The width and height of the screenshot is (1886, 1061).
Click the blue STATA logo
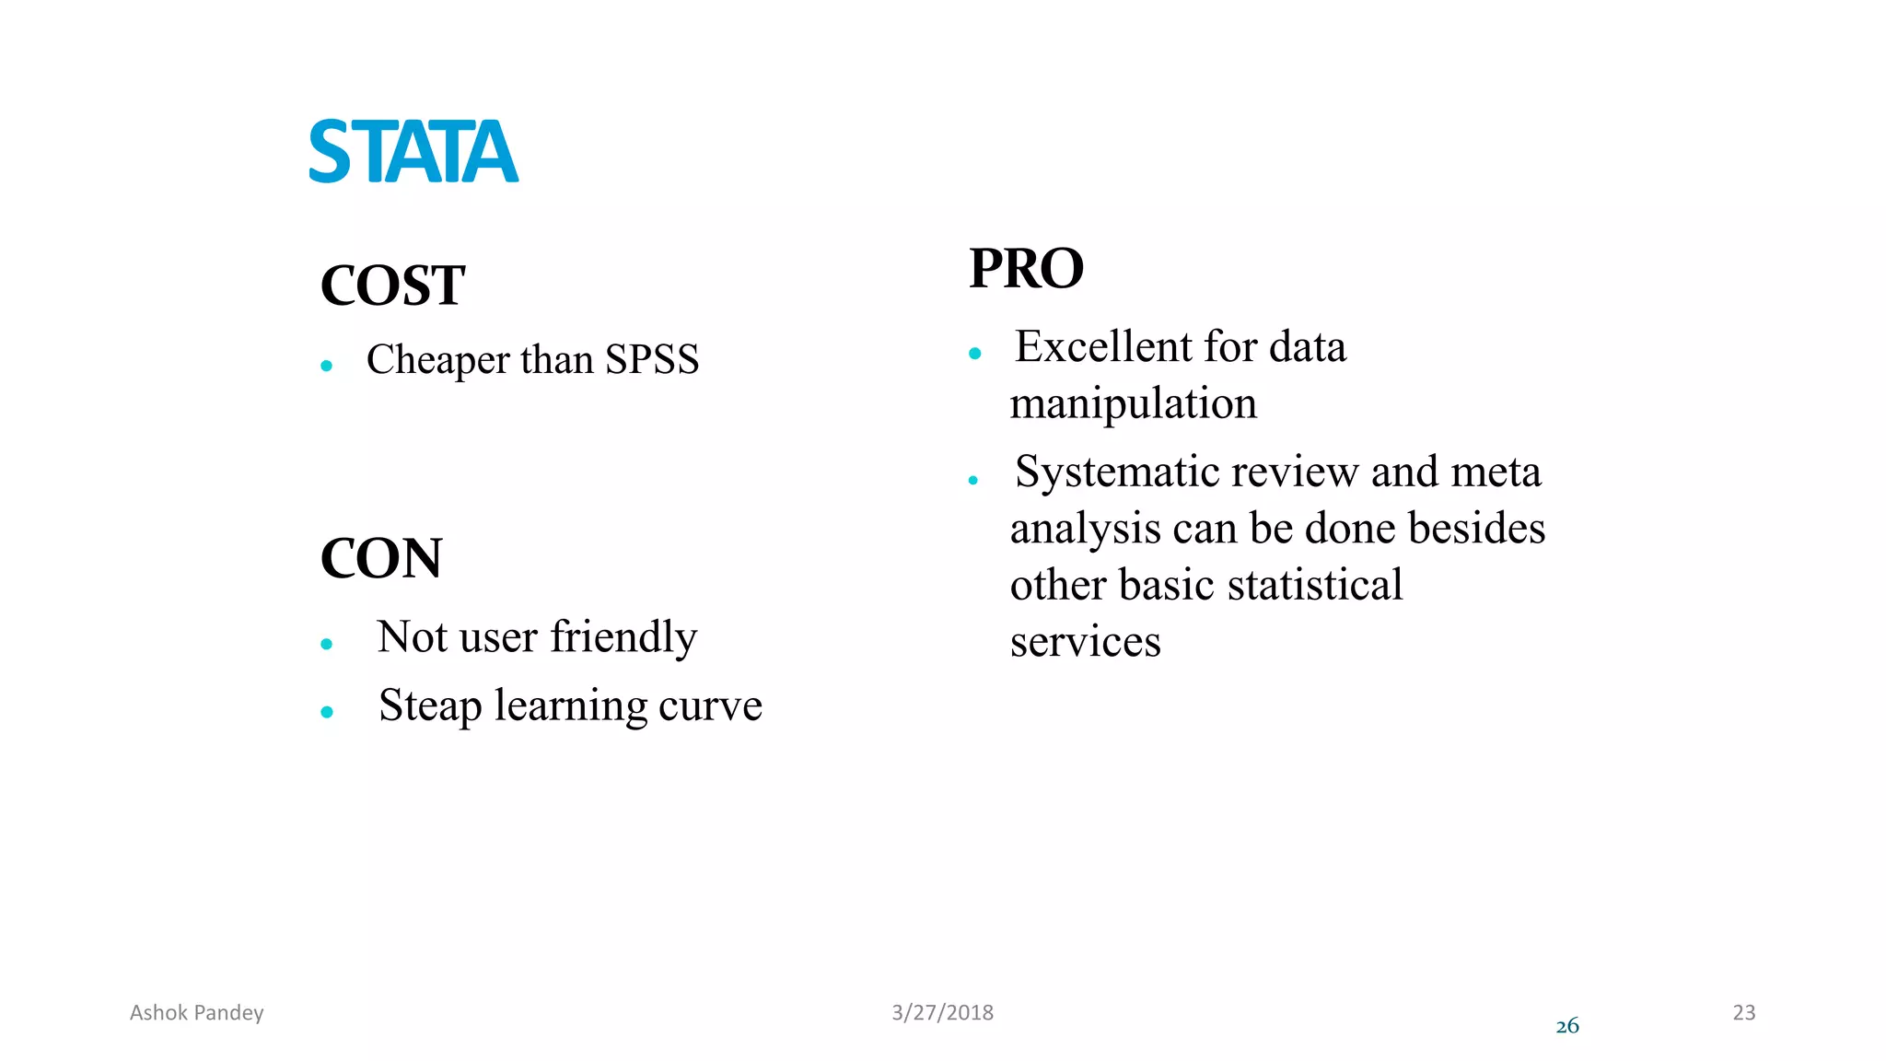tap(413, 152)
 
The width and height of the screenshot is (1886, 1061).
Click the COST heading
tap(392, 286)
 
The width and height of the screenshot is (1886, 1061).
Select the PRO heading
tap(1026, 269)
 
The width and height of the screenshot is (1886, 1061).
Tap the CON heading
tap(381, 558)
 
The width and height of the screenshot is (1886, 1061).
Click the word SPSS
tap(651, 359)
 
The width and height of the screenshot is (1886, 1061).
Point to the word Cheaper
tap(437, 360)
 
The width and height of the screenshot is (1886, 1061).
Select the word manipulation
tap(1133, 403)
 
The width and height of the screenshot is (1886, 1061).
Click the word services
tap(1085, 642)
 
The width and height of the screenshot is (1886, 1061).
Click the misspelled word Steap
tap(430, 705)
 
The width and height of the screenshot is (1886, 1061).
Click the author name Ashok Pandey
tap(196, 1013)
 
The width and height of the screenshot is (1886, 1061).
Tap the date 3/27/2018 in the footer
tap(942, 1013)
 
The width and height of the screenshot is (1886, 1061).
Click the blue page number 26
tap(1566, 1026)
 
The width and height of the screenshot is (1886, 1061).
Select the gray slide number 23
tap(1743, 1013)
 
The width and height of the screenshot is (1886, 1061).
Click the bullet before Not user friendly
tap(326, 644)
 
